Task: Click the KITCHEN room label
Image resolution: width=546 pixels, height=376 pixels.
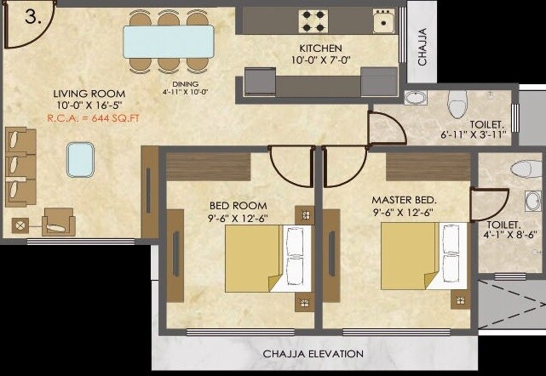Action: [320, 48]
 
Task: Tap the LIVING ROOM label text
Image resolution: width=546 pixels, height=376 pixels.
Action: [89, 94]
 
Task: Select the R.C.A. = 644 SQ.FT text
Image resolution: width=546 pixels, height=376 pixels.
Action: [89, 119]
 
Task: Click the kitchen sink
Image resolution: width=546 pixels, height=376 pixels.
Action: [384, 21]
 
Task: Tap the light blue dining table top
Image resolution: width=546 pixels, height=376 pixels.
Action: [168, 41]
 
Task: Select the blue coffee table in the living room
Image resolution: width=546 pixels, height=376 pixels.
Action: [80, 157]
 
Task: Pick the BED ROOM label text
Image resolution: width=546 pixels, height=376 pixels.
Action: [239, 205]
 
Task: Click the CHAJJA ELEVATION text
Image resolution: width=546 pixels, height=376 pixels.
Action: [313, 354]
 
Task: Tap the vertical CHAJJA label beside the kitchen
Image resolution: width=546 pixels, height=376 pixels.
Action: [422, 46]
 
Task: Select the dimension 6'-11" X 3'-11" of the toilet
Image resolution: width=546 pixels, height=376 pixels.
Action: [474, 134]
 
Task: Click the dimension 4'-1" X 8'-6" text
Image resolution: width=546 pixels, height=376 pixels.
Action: [510, 235]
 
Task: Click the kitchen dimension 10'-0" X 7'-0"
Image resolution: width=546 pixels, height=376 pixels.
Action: [320, 61]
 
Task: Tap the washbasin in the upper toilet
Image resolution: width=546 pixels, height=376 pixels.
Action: [417, 99]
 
